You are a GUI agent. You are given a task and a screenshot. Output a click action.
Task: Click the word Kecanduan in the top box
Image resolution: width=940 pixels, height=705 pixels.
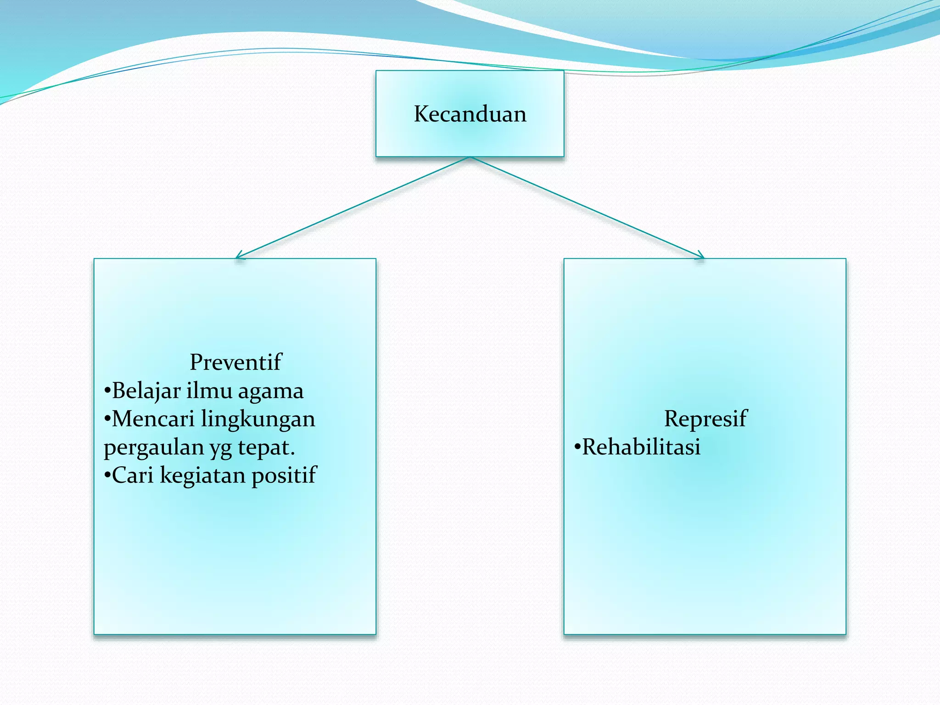470,114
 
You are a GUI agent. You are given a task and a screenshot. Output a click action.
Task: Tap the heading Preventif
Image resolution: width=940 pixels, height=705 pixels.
235,362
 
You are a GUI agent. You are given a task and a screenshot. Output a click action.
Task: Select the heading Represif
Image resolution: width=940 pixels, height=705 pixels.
705,419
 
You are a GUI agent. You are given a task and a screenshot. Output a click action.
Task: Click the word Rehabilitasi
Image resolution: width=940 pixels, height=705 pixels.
641,447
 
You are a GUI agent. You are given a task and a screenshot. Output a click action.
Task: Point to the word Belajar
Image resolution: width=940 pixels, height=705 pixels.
146,391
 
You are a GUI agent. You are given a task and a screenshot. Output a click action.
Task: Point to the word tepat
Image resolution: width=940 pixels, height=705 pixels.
266,448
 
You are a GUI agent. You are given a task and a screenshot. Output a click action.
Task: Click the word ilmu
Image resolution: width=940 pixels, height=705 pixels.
209,391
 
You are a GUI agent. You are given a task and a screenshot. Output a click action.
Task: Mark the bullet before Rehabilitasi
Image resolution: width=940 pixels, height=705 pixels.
577,447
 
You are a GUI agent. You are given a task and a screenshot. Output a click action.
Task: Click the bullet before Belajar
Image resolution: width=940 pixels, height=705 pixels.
107,391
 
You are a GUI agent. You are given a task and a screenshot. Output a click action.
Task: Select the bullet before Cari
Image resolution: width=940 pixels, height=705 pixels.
107,476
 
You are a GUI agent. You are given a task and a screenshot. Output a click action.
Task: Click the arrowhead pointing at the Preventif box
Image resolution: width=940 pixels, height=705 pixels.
238,257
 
